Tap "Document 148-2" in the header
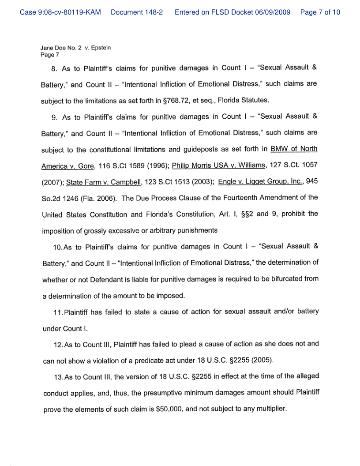point(137,12)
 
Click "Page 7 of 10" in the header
point(320,12)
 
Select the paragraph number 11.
point(58,312)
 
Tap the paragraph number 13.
point(58,376)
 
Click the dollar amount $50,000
point(169,409)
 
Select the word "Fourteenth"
point(255,198)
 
